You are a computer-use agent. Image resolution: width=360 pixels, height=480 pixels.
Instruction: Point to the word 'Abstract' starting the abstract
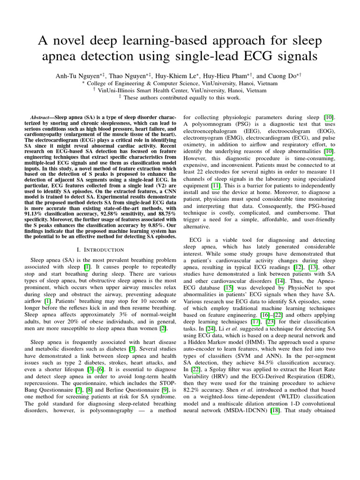[x=42, y=115]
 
